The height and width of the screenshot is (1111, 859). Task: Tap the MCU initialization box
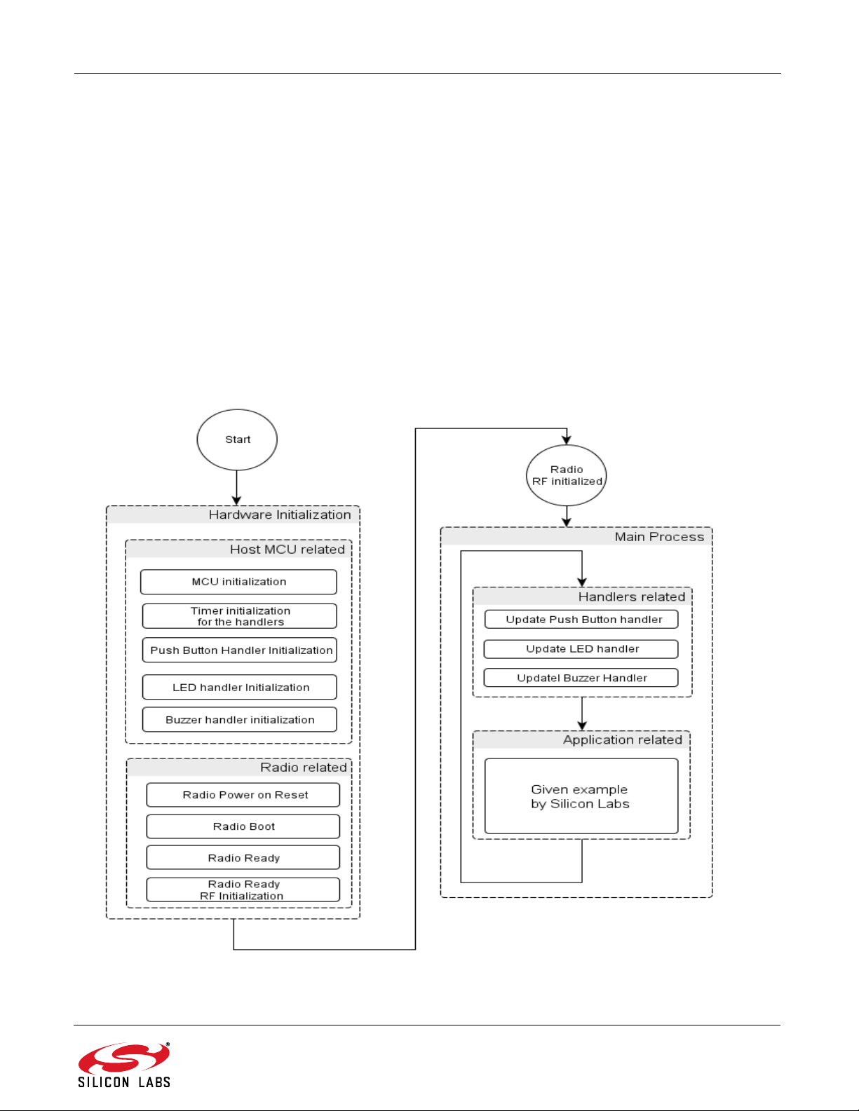239,582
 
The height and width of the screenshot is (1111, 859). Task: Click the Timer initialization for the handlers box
240,616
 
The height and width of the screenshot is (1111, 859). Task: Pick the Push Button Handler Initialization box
240,650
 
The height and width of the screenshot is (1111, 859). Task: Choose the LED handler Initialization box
240,687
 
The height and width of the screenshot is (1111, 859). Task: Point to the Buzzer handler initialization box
240,719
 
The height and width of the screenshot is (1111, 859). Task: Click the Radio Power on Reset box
243,794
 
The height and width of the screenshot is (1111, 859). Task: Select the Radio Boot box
243,826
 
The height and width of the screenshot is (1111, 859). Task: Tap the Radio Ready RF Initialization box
243,890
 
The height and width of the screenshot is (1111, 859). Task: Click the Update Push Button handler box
581,619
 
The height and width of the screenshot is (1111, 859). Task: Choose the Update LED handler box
581,649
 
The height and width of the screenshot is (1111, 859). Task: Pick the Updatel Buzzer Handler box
581,677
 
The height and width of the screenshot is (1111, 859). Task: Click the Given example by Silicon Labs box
581,796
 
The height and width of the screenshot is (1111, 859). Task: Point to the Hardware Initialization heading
280,515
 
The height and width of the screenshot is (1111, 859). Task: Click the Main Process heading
659,537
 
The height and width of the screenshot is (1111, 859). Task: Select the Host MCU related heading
288,550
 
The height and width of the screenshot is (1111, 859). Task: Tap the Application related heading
622,739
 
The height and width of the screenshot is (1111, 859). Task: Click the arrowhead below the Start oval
237,500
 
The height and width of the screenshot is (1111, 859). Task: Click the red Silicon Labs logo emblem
123,1057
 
